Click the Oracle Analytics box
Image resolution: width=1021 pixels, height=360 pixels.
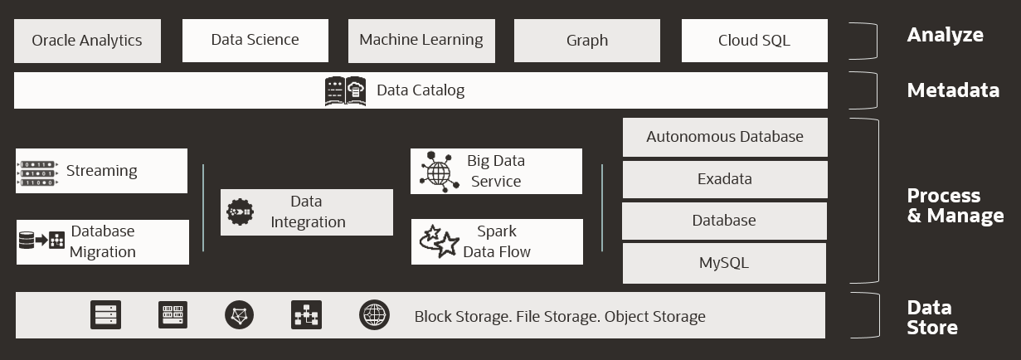coord(87,41)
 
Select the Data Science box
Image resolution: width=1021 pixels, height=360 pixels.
coord(255,40)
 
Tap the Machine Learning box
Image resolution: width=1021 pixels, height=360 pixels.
coord(421,40)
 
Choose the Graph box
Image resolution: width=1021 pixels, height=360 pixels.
coord(587,41)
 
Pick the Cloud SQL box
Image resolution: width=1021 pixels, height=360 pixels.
coord(754,41)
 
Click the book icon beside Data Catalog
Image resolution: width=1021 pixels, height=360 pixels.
coord(345,90)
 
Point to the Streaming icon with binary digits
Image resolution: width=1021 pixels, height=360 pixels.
coord(36,172)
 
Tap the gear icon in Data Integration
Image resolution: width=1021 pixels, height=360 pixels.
coord(241,212)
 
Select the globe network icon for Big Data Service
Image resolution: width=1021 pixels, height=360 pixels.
coord(439,172)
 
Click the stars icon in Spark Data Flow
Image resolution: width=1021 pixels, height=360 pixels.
coord(440,241)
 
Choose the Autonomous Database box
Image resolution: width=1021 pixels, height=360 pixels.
coord(724,137)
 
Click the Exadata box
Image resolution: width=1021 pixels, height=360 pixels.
coord(724,179)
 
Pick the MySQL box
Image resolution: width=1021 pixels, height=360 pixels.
coord(723,263)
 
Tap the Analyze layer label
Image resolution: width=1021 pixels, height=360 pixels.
coord(945,35)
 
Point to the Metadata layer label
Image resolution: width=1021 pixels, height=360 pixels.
coord(952,90)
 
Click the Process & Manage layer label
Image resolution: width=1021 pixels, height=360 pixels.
coord(955,206)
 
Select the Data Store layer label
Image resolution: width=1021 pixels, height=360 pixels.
coord(932,318)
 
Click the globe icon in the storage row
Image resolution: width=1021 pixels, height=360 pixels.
coord(374,315)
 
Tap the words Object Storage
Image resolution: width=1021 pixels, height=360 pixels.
coord(654,316)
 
